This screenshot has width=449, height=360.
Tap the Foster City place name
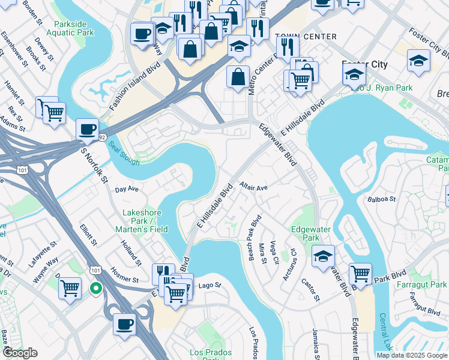point(364,64)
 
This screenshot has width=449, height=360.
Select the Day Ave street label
point(127,188)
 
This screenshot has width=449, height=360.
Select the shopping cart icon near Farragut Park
point(360,273)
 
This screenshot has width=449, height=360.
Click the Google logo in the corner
point(19,353)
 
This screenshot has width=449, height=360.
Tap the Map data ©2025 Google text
point(411,355)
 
